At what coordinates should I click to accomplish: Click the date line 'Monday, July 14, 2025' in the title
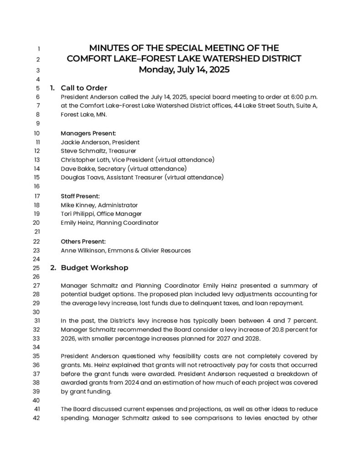click(184, 70)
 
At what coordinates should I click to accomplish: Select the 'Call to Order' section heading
click(84, 88)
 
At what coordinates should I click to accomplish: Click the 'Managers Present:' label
click(88, 133)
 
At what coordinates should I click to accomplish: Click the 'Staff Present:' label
click(80, 196)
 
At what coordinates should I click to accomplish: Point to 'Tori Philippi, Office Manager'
click(101, 214)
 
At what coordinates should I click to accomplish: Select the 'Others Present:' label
click(83, 241)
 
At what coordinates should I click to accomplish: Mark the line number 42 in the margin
click(37, 419)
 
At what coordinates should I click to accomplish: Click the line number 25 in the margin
click(37, 268)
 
